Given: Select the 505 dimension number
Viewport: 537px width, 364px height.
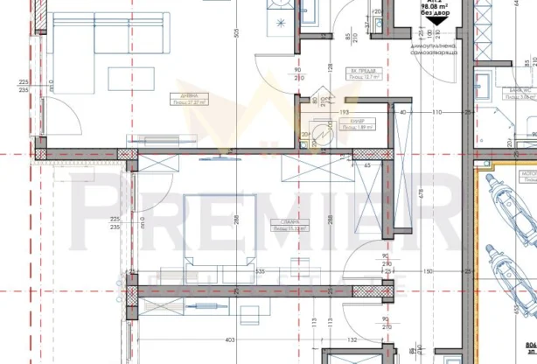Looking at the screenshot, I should (234, 32).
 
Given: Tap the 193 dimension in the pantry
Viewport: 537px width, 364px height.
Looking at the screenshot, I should (344, 113).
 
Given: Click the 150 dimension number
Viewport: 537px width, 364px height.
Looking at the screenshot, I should (428, 272).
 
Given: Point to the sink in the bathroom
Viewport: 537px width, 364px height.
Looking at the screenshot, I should (483, 86).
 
